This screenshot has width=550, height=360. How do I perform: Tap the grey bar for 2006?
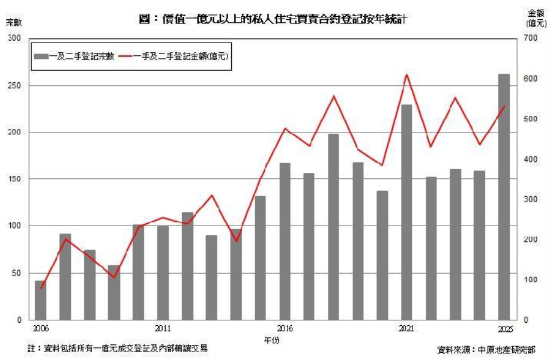coord(40,299)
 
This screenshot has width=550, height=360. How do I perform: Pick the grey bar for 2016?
coord(285,241)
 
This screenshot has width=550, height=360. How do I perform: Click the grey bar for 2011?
coord(163,272)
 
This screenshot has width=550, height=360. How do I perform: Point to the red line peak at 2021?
coord(406,74)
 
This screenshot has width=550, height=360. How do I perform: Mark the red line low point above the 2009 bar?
coord(113,278)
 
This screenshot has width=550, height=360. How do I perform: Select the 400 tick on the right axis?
coord(527,159)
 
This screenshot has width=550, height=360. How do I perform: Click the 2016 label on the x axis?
coord(285,329)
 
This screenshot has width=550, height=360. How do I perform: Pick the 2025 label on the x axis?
coord(504,329)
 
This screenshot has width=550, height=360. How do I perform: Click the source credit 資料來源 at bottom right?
coord(486,349)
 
